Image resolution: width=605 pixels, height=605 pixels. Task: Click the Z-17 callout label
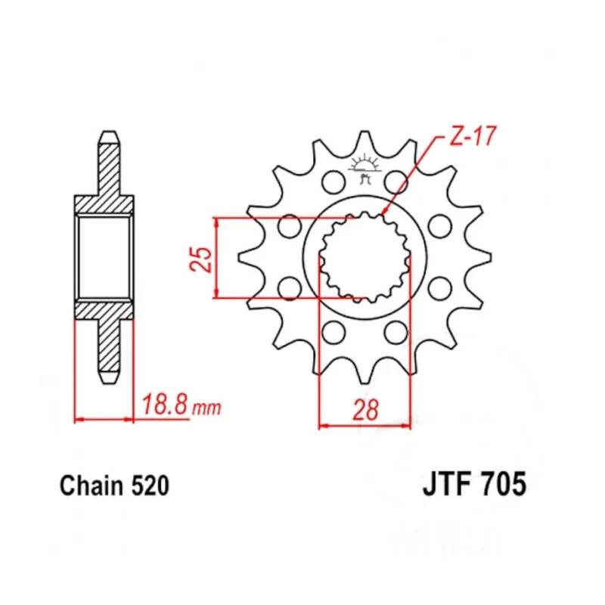[472, 136]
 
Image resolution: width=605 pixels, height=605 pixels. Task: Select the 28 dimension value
[365, 410]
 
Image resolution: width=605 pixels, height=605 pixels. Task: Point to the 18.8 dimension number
[166, 404]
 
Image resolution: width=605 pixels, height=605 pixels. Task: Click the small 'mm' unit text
[207, 408]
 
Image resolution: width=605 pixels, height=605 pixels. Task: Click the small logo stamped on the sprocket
[363, 169]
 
